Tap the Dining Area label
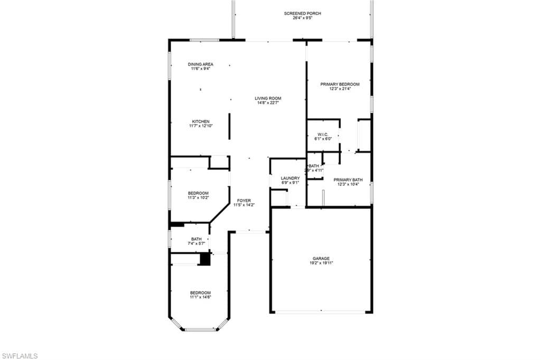[200, 64]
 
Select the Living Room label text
[268, 98]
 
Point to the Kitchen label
[200, 121]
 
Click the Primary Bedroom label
[340, 84]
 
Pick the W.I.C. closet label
[323, 134]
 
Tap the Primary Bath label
[348, 179]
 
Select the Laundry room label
[290, 178]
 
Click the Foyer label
[244, 201]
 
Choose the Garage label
[321, 259]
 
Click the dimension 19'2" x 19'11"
[321, 263]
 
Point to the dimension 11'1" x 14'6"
[200, 297]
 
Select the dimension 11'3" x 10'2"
[198, 198]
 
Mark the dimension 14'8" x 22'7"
[268, 103]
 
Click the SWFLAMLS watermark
[20, 356]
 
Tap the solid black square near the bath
[204, 259]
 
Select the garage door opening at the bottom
[321, 312]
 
